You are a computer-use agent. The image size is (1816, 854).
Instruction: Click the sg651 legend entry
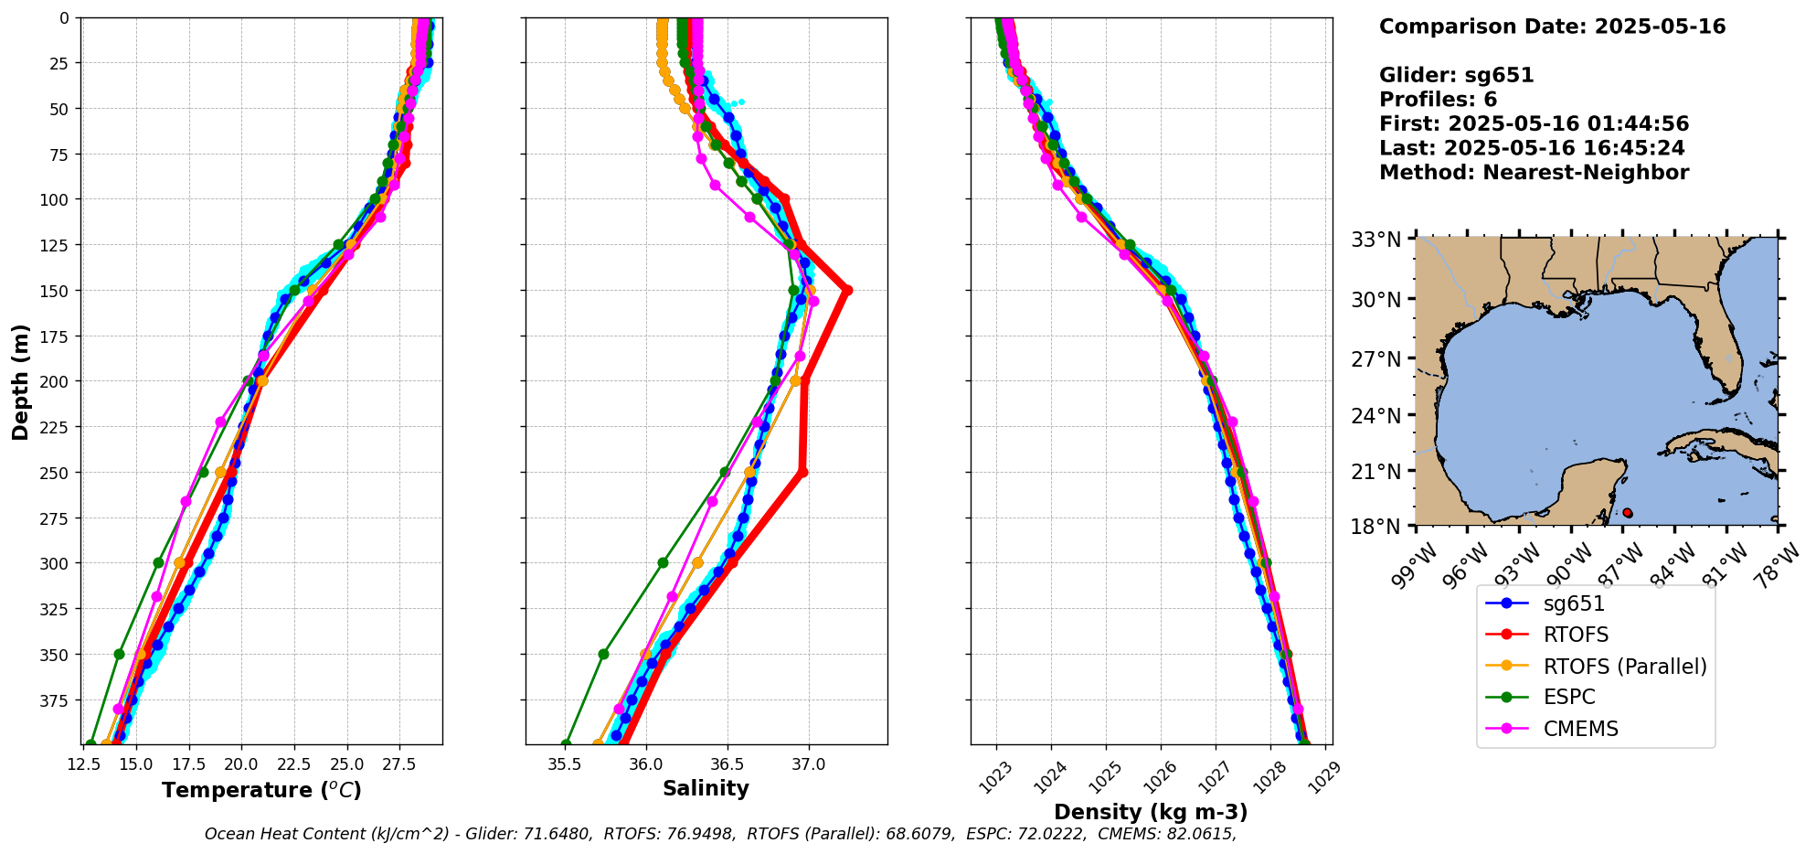1574,603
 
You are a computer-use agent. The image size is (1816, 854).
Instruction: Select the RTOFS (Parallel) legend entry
1624,667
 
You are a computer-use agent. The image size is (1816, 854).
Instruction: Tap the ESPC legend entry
1568,697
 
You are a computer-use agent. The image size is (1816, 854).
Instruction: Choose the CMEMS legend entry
1580,729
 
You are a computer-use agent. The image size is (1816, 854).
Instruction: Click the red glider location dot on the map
1627,513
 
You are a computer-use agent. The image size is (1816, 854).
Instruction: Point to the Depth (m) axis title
20,381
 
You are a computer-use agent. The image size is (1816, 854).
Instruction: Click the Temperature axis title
261,790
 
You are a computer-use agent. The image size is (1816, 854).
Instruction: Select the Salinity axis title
706,788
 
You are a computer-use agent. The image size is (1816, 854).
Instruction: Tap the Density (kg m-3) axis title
1150,812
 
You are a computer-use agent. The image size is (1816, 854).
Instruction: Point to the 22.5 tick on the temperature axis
294,763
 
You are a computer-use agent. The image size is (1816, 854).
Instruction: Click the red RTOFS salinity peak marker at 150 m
847,291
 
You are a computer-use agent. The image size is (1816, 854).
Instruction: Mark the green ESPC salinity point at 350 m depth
603,654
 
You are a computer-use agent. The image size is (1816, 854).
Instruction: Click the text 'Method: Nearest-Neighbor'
1534,173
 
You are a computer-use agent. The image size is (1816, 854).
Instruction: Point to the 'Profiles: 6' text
1438,100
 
